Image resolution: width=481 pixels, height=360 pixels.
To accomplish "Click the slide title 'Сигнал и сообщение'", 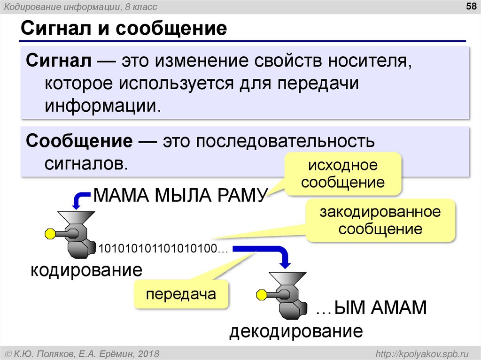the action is (123, 29).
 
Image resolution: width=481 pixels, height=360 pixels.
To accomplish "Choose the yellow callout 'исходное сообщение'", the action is (342, 174).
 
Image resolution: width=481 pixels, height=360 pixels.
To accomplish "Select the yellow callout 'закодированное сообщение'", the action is (380, 221).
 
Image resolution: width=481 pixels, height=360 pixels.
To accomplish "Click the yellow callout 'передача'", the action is (181, 294).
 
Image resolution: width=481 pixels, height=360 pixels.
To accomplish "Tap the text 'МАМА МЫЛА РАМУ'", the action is (180, 194).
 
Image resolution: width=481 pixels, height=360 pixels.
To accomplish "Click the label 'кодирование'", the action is (86, 270).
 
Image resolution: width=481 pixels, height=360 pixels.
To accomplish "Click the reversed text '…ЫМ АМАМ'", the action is (371, 308).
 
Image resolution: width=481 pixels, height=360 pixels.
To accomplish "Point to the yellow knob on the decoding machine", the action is (261, 295).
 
